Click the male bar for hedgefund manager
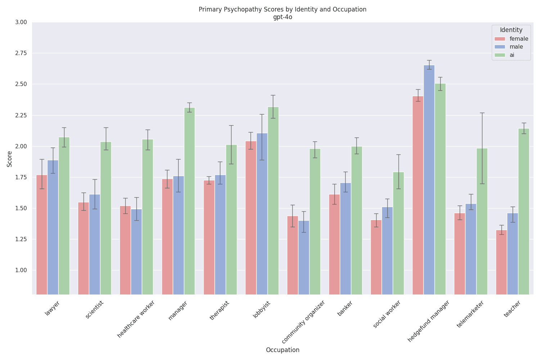click(x=429, y=180)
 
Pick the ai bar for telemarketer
click(x=482, y=221)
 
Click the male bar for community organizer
click(x=303, y=257)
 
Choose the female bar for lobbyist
click(x=251, y=218)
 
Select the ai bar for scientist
click(x=106, y=218)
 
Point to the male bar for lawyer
click(x=53, y=227)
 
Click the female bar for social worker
click(x=376, y=257)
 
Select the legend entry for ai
click(x=512, y=55)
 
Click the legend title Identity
click(x=511, y=30)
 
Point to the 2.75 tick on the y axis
click(x=21, y=53)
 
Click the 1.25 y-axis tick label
click(x=21, y=239)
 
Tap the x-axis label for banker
click(x=345, y=309)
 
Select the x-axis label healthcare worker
click(x=136, y=319)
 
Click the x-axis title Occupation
click(x=282, y=350)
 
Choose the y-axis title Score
click(x=10, y=159)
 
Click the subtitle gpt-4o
click(x=282, y=17)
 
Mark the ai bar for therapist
click(x=231, y=220)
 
